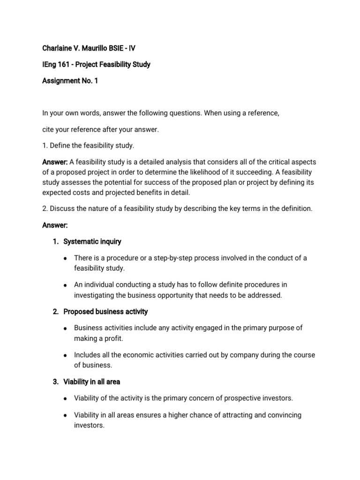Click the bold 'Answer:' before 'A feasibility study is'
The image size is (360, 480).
pyautogui.click(x=55, y=162)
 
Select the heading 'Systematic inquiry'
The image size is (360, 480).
pyautogui.click(x=92, y=241)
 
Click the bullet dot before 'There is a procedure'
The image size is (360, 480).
pyautogui.click(x=65, y=258)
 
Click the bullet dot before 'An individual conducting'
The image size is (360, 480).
pyautogui.click(x=65, y=285)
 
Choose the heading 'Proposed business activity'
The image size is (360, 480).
pyautogui.click(x=105, y=311)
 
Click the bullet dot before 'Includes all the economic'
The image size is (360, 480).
pyautogui.click(x=65, y=355)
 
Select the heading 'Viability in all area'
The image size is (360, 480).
pyautogui.click(x=91, y=382)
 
